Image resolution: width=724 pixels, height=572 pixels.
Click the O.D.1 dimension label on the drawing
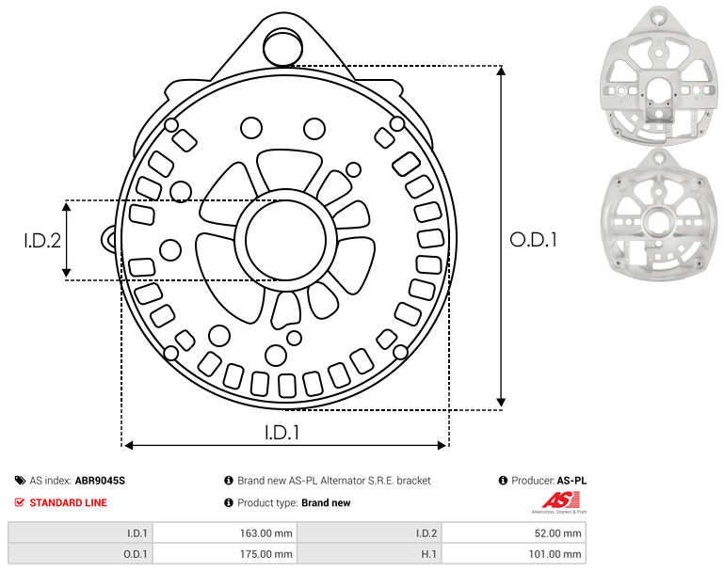coord(533,240)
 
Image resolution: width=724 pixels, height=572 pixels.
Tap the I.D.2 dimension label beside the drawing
coord(42,241)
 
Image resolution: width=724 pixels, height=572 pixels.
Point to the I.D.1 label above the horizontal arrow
coord(282,433)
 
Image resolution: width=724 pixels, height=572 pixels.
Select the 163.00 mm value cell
coord(224,533)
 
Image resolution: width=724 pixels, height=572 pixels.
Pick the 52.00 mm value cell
coord(513,533)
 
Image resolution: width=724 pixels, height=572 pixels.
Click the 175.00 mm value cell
coord(224,553)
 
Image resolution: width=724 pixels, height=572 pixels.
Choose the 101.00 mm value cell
coord(513,553)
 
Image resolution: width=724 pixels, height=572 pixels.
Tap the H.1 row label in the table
coord(429,554)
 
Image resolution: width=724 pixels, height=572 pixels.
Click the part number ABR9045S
coord(100,481)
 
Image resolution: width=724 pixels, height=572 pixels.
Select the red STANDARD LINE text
coord(69,502)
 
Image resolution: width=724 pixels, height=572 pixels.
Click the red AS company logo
coord(560,500)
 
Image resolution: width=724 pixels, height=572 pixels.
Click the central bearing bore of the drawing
coord(286,240)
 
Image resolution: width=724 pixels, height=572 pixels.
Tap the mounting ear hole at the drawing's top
coord(282,47)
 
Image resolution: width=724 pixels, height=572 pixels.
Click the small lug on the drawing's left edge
coord(108,239)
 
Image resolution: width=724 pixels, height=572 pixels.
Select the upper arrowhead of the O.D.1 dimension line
coord(501,71)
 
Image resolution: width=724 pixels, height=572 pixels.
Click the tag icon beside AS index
coord(20,481)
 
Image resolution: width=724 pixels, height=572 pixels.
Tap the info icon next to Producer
coord(503,481)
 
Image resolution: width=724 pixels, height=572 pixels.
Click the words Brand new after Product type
coord(326,502)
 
